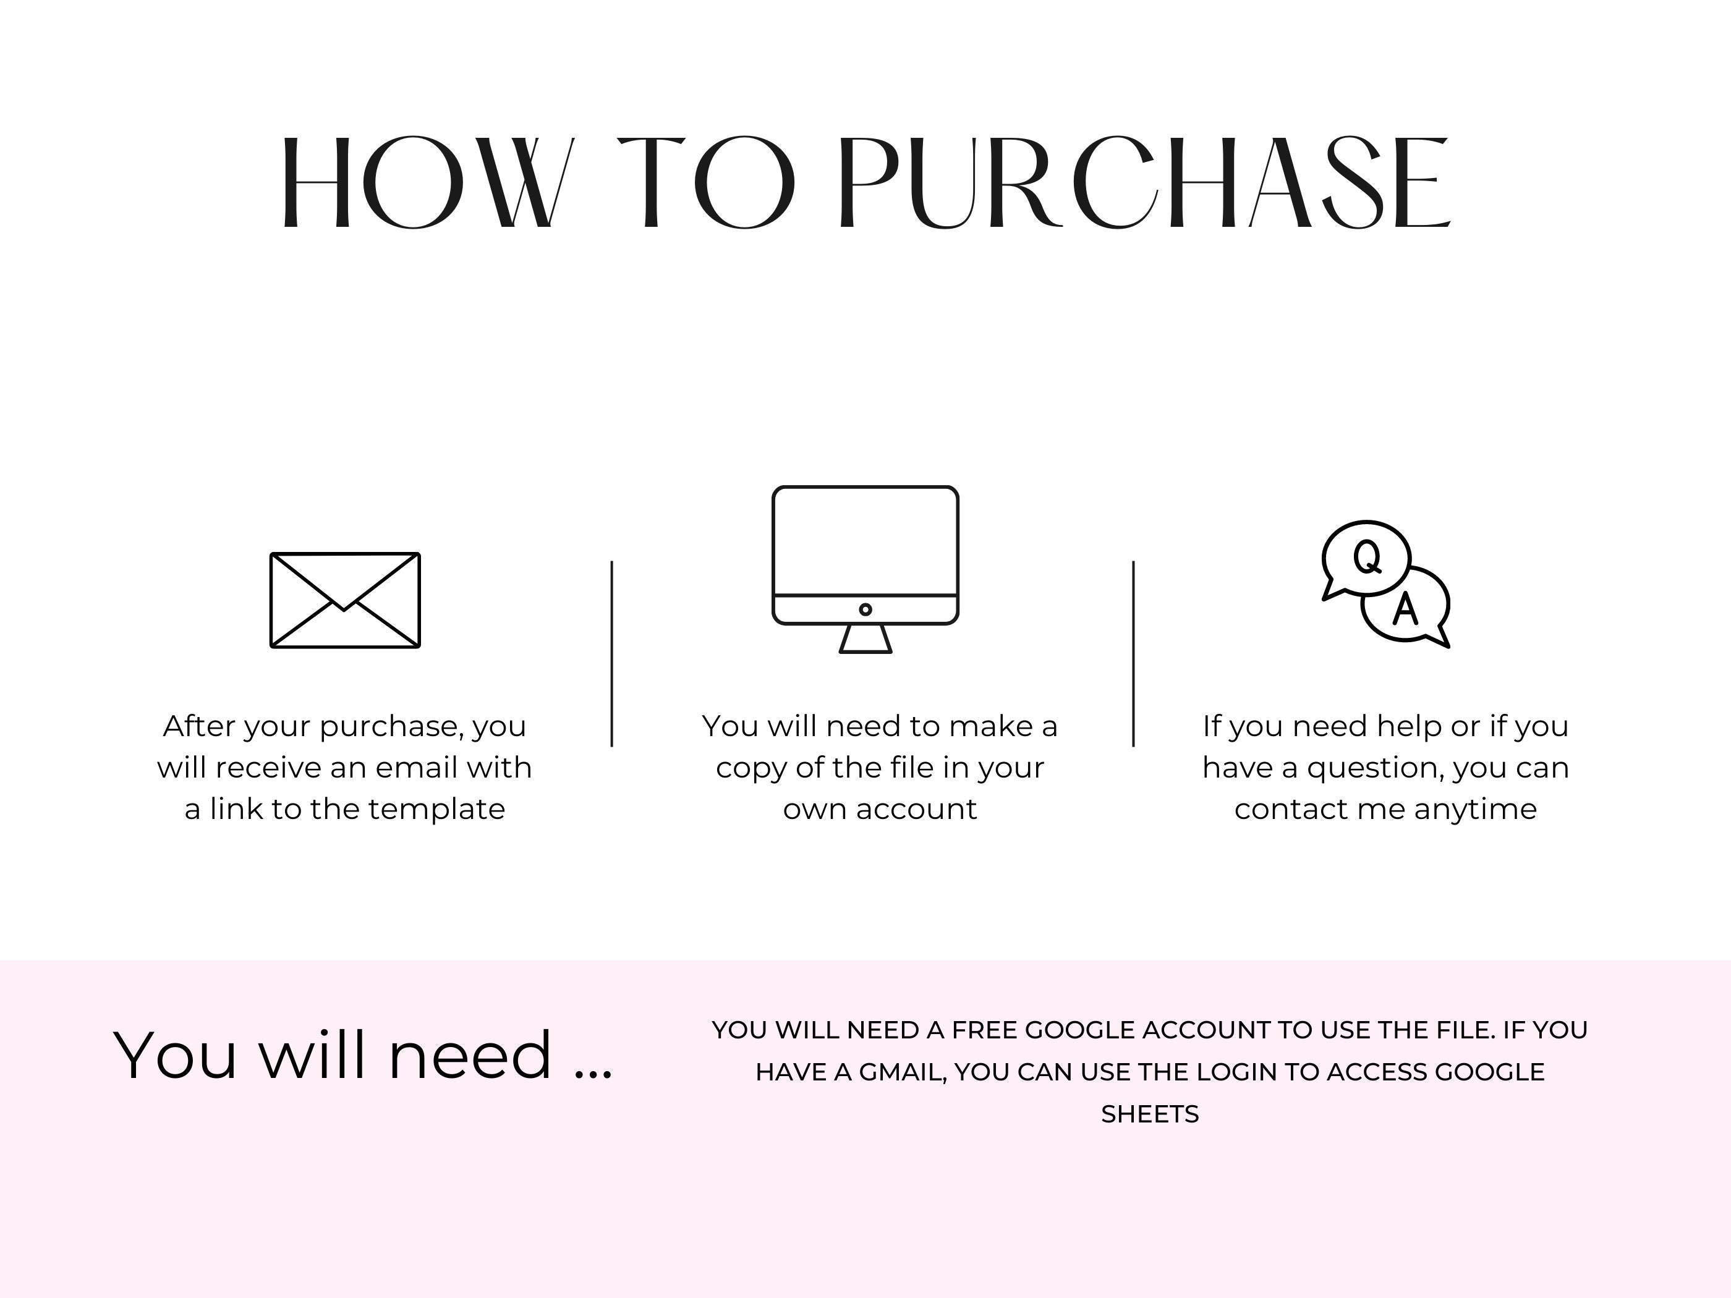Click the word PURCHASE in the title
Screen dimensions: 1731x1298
point(1145,183)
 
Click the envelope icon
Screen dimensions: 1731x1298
point(345,600)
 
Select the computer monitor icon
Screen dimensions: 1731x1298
point(865,570)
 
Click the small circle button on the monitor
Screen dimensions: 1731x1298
point(865,609)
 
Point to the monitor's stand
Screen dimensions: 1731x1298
point(865,638)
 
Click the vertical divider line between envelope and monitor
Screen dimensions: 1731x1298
point(612,653)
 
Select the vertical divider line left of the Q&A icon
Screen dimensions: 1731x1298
point(1133,653)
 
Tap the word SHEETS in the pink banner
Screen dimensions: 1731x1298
point(1149,1114)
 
